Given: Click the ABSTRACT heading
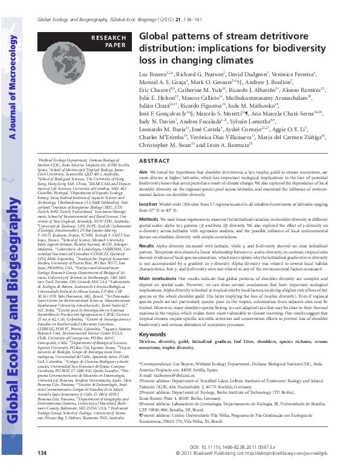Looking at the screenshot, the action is point(155,161).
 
